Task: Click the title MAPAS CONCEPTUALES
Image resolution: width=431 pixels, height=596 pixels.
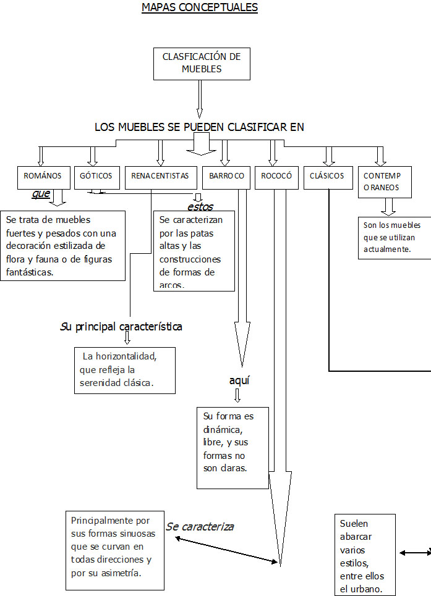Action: [x=199, y=8]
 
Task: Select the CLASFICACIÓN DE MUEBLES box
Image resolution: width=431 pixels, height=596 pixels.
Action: [x=202, y=63]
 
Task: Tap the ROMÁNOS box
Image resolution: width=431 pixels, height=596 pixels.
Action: [x=43, y=176]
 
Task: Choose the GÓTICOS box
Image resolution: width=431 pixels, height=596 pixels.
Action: [x=96, y=176]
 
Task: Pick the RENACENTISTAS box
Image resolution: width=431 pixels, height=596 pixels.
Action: [x=160, y=176]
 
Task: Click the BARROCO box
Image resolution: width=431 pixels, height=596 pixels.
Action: [x=226, y=176]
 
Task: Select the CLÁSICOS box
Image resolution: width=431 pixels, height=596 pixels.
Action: [x=327, y=176]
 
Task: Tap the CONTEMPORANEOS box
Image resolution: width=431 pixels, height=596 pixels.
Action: [x=384, y=182]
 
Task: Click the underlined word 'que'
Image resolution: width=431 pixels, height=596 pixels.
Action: [x=41, y=193]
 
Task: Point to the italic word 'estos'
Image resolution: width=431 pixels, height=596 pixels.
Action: [x=200, y=206]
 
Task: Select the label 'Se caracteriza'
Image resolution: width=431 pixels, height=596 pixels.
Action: [x=200, y=527]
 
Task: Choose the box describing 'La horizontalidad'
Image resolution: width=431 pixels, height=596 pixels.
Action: [x=124, y=370]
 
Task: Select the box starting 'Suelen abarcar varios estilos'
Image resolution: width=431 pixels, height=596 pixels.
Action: [x=364, y=554]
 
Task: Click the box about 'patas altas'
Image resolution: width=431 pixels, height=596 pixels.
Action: [x=194, y=251]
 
